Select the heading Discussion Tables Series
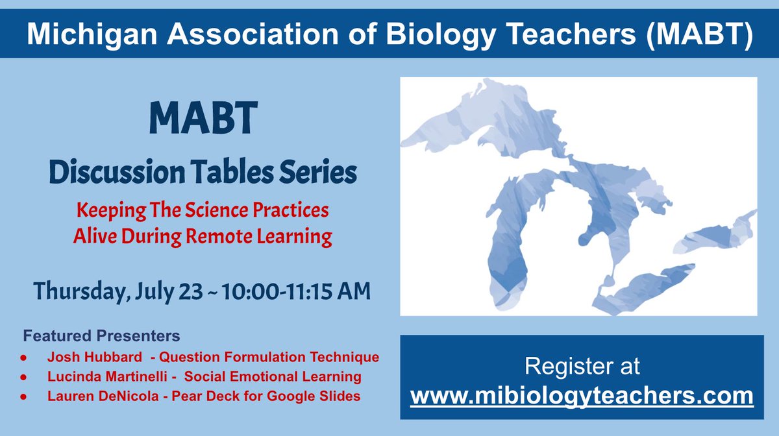pos(203,173)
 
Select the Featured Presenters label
pos(102,337)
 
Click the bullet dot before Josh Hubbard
pos(24,357)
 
